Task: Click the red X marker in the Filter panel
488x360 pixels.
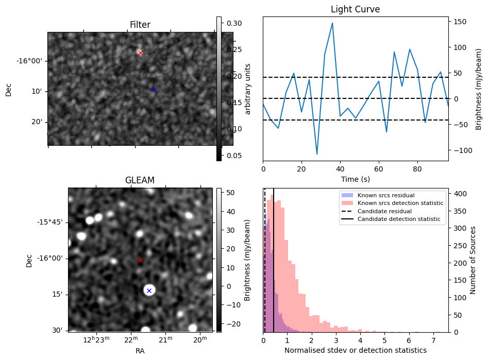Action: [140, 53]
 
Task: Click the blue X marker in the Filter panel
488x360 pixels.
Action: [154, 90]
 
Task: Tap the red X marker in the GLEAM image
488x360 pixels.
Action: [140, 261]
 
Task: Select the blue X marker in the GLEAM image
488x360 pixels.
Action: [149, 291]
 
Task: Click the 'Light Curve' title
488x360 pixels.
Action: [355, 10]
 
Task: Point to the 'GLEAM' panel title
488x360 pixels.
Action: [140, 180]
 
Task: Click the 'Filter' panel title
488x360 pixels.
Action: [140, 25]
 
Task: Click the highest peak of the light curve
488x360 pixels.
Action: [332, 23]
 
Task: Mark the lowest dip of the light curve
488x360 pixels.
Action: [317, 154]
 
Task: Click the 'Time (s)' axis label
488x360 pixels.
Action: [355, 180]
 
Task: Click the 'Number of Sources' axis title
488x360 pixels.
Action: [473, 260]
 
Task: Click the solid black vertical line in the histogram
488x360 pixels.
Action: [274, 258]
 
